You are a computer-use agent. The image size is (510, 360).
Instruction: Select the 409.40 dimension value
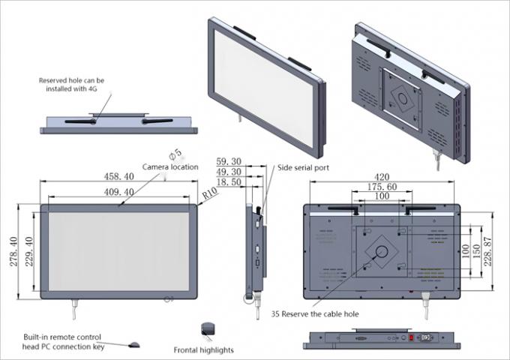(118, 192)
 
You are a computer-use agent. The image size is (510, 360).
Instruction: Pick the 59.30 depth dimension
(228, 161)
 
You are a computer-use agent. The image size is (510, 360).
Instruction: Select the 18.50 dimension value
(228, 182)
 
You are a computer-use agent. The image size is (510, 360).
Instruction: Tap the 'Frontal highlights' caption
(203, 349)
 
